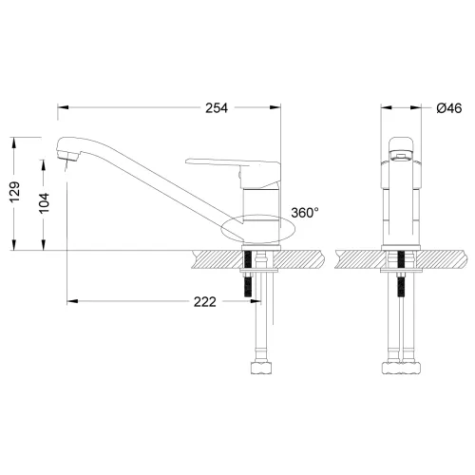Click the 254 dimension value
click(x=216, y=107)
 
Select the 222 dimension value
click(x=205, y=302)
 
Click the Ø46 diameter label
click(x=448, y=108)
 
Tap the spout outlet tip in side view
click(x=64, y=158)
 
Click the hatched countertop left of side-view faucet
click(x=214, y=259)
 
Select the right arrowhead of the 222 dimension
click(x=241, y=302)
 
